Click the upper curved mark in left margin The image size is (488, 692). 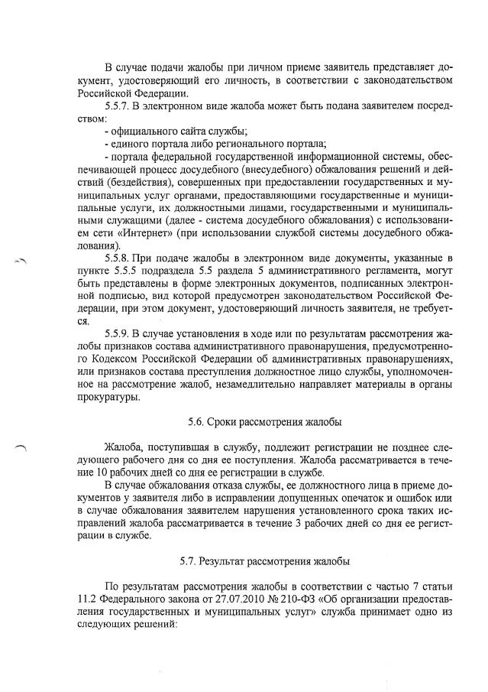[21, 262]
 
